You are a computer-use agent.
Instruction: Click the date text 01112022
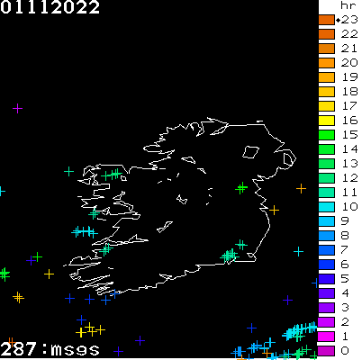[x=50, y=8]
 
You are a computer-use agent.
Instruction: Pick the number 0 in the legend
[x=345, y=350]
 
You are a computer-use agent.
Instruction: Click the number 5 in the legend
[x=345, y=278]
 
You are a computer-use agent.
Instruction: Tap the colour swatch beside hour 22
[x=326, y=34]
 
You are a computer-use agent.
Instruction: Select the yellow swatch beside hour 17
[x=326, y=106]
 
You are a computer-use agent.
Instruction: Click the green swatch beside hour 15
[x=326, y=135]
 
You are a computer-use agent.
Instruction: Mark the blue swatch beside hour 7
[x=326, y=249]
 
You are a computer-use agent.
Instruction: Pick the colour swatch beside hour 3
[x=326, y=307]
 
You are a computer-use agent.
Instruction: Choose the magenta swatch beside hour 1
[x=326, y=336]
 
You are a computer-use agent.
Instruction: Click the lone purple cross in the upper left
[x=17, y=109]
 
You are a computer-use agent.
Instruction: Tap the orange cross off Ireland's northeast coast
[x=301, y=188]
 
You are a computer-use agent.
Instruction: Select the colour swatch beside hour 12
[x=326, y=178]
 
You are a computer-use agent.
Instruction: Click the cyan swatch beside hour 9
[x=326, y=220]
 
